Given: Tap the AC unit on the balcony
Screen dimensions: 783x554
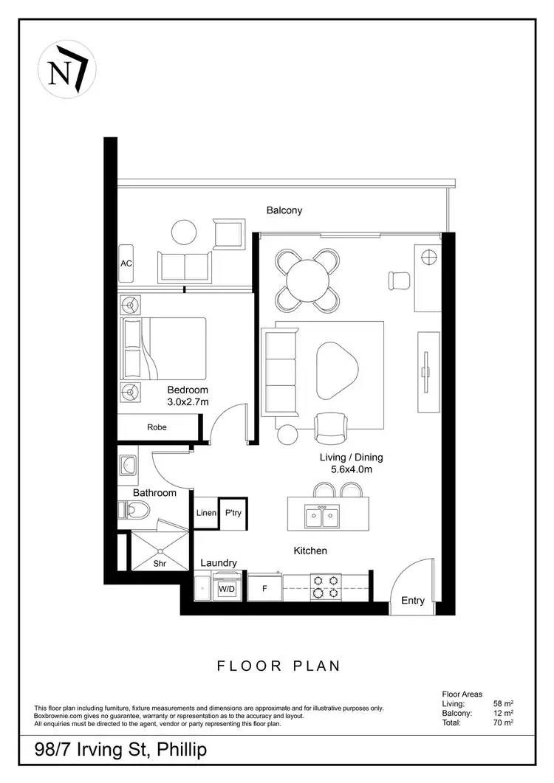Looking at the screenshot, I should coord(126,263).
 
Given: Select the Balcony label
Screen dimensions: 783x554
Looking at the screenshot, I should coord(284,210).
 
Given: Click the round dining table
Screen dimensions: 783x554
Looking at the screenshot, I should coord(308,280).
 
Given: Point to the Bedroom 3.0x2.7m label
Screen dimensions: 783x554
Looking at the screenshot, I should coord(188,396).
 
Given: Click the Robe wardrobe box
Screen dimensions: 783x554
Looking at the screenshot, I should coord(157,427).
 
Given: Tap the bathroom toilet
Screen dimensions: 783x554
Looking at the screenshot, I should coord(135,508).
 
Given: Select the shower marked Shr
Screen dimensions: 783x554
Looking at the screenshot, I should coord(160,551).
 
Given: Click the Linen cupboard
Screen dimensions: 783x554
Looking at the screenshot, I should coord(206,513).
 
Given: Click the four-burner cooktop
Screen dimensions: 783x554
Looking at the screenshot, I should coord(325,586).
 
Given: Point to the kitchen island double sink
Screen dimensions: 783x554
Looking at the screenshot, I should coord(323,515).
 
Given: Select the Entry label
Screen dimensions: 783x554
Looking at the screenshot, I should coord(413,601).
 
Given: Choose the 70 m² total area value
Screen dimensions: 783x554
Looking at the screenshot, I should coord(504,722).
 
